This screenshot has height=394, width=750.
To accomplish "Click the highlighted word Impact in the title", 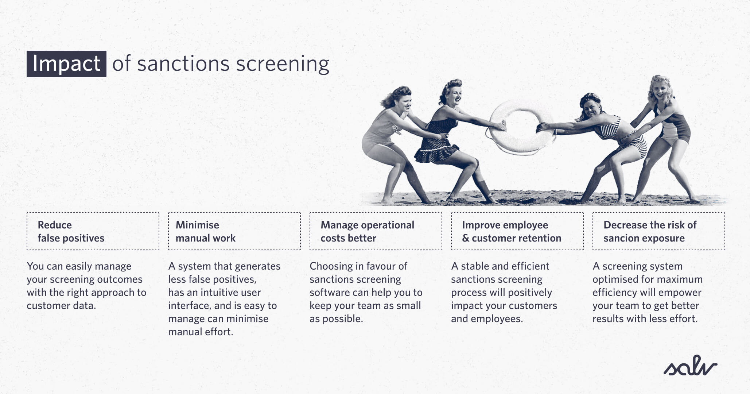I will (66, 64).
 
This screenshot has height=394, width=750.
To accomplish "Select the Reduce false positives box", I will (93, 231).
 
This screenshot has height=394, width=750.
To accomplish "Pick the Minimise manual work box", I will (234, 231).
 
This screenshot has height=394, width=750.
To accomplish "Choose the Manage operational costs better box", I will (376, 231).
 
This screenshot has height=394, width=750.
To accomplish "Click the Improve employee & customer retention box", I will (517, 231).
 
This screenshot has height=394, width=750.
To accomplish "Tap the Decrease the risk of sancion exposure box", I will (658, 231).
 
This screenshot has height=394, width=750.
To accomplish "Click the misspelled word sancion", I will (620, 238).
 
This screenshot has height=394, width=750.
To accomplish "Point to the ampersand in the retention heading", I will (466, 238).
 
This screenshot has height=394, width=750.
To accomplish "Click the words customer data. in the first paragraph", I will (61, 306).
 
